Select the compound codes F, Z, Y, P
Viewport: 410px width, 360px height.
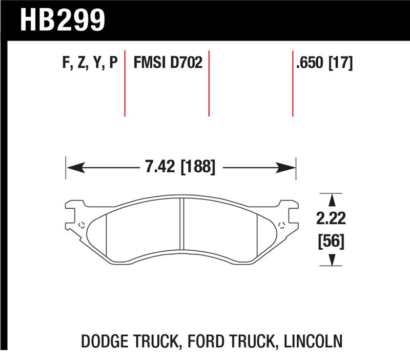[90, 63]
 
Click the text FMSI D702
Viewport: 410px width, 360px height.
[168, 63]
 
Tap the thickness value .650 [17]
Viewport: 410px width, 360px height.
[323, 63]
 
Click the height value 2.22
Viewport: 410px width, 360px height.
[331, 219]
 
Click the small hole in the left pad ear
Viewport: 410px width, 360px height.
[81, 224]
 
